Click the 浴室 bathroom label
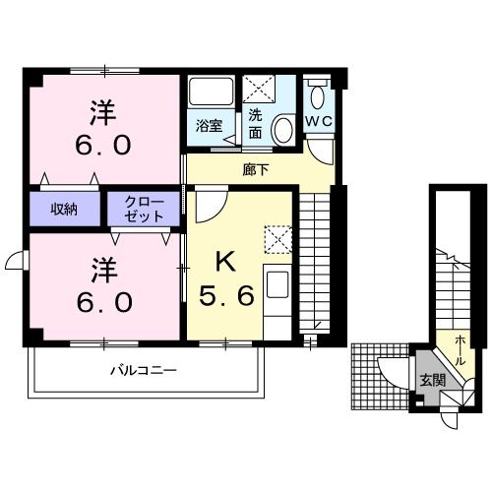[209, 125]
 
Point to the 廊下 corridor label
[255, 169]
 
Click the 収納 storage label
[65, 208]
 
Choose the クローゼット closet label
[144, 208]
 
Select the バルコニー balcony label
[142, 371]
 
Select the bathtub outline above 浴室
[209, 95]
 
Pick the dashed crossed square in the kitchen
[277, 239]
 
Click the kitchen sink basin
[277, 287]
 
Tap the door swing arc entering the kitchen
[212, 205]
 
